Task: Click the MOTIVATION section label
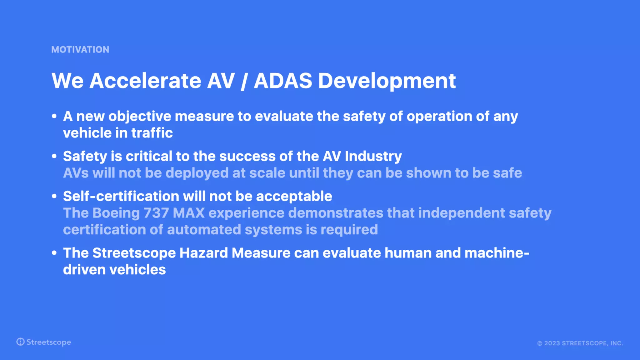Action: click(x=80, y=50)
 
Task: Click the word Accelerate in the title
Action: click(x=145, y=81)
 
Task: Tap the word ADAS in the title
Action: click(x=283, y=81)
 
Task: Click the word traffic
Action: click(x=152, y=133)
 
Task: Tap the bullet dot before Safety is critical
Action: click(x=54, y=156)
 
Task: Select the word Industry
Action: click(x=373, y=157)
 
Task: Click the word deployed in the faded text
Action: click(x=197, y=173)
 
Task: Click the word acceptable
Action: click(x=294, y=197)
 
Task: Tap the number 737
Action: click(x=156, y=213)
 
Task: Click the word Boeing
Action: click(x=116, y=213)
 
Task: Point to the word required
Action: click(x=349, y=230)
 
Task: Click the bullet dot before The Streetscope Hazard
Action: click(x=54, y=253)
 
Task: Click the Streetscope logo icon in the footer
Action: click(x=20, y=342)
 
